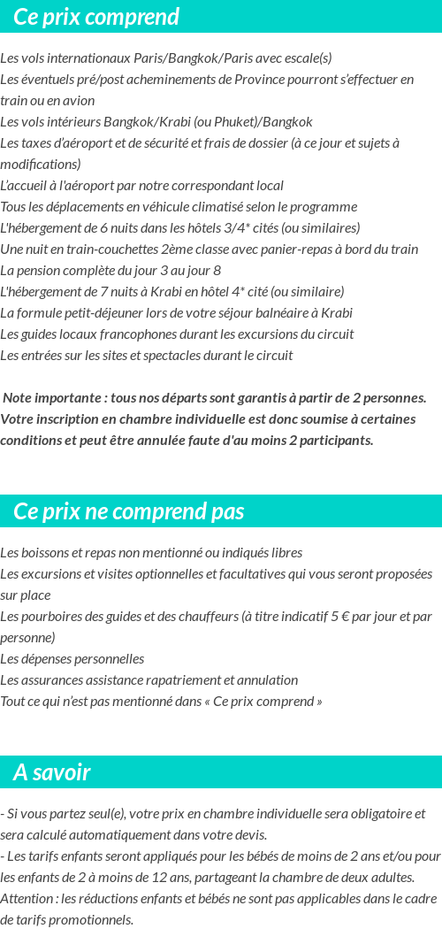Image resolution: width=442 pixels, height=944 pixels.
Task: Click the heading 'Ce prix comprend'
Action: (x=96, y=17)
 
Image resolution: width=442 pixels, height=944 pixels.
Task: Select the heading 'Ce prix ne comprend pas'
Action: (x=129, y=511)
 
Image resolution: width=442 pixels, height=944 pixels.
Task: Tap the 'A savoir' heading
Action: (x=52, y=772)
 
